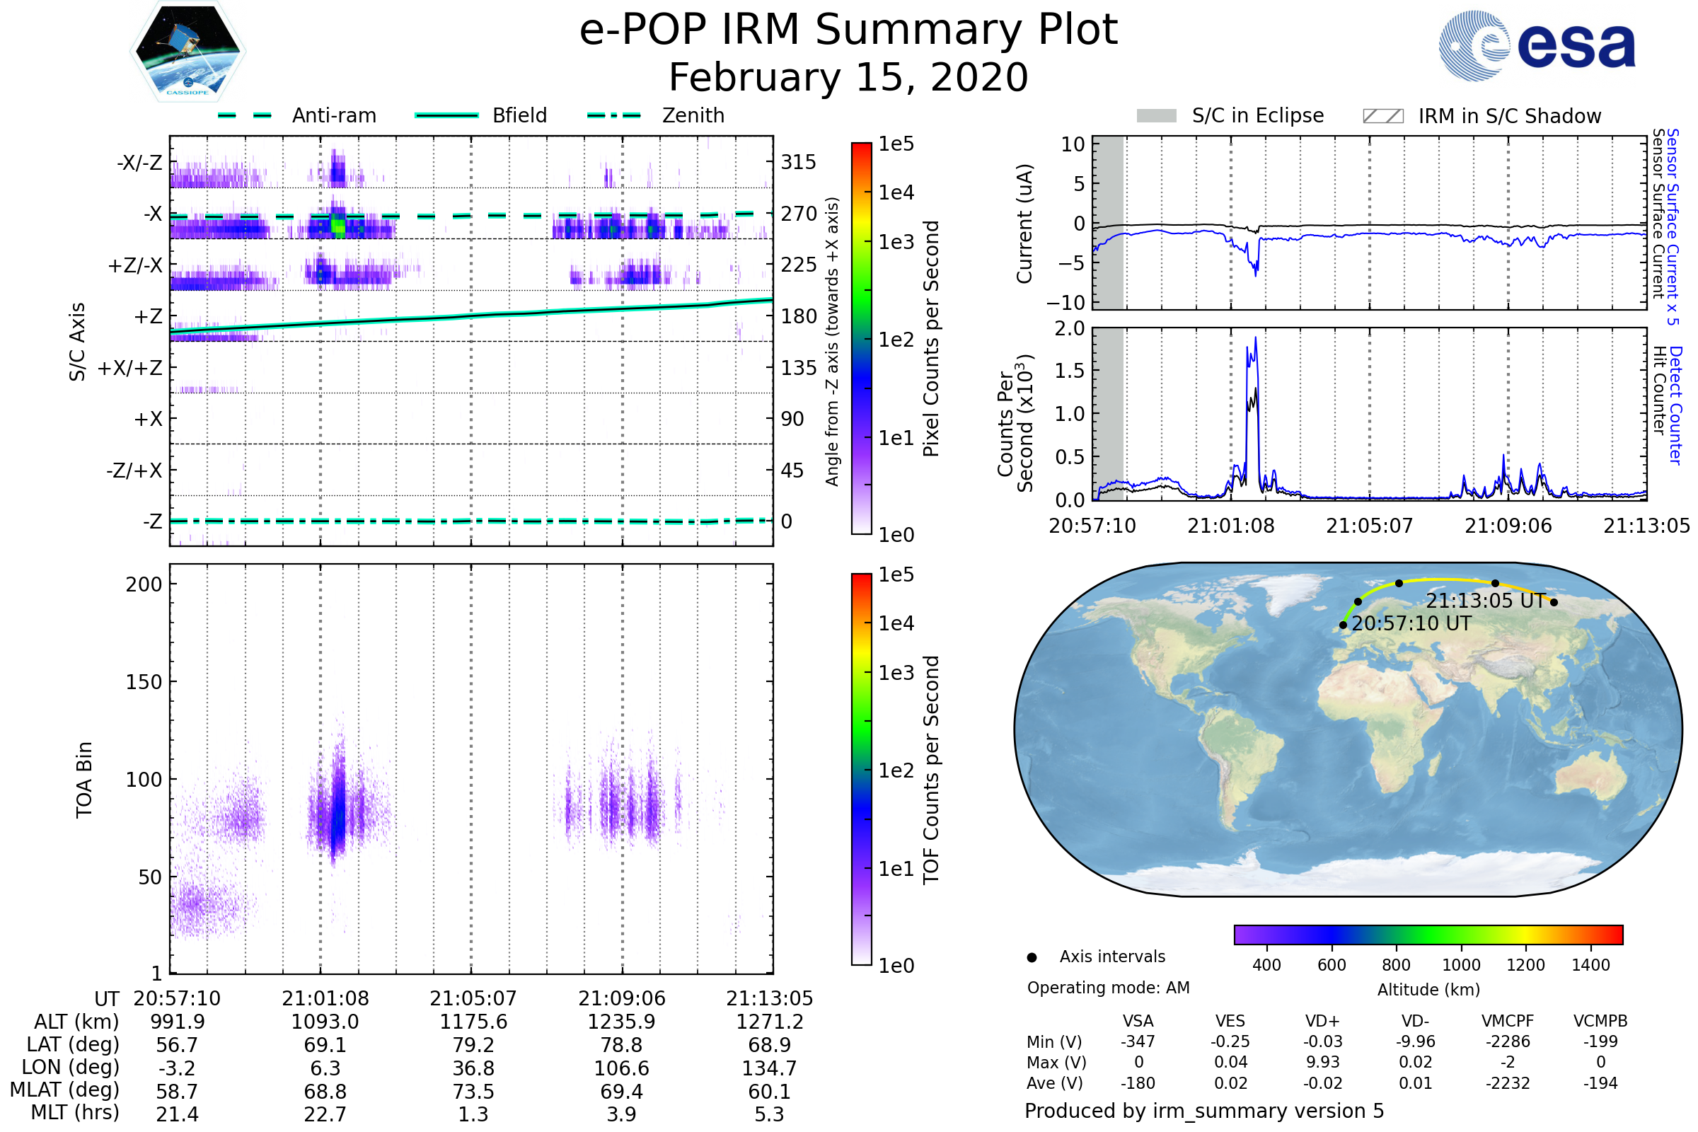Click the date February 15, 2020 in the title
pos(848,78)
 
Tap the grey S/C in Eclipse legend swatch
pos(1156,116)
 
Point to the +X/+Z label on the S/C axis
pos(130,368)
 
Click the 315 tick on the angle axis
pos(799,162)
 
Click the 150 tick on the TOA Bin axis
pos(144,682)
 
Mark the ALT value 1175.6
pos(473,1022)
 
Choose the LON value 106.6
pos(622,1068)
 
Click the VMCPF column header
pos(1508,1022)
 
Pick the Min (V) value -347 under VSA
pos(1138,1041)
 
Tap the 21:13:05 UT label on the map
pos(1485,601)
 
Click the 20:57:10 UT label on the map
pos(1411,624)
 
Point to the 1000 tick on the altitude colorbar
pos(1460,965)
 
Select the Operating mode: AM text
pos(1108,988)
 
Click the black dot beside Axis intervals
pos(1032,957)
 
